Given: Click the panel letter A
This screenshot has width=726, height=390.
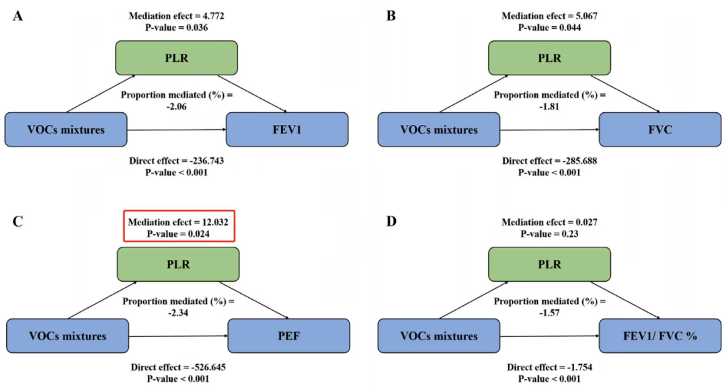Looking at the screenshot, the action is pyautogui.click(x=17, y=16).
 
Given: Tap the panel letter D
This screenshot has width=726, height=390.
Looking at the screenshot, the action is pyautogui.click(x=391, y=221).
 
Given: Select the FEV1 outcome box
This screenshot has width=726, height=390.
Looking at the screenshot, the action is pyautogui.click(x=287, y=130).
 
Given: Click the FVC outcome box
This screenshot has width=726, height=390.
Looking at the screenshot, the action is pyautogui.click(x=660, y=130).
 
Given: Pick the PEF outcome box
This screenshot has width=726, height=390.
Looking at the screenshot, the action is pyautogui.click(x=288, y=336).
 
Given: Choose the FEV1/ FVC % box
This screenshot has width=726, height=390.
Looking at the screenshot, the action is pyautogui.click(x=660, y=336).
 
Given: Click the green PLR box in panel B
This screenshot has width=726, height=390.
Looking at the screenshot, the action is pyautogui.click(x=549, y=58).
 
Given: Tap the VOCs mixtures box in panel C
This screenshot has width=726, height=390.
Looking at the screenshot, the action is pyautogui.click(x=68, y=336).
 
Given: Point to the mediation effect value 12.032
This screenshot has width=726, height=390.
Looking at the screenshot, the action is pyautogui.click(x=214, y=223).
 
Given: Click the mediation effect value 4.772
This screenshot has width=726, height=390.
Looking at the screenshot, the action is pyautogui.click(x=212, y=15).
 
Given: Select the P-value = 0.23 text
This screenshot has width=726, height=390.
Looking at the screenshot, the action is pyautogui.click(x=549, y=234).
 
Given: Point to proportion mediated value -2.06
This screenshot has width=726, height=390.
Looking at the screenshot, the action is pyautogui.click(x=176, y=106).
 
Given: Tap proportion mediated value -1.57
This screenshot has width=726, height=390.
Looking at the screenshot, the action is pyautogui.click(x=549, y=313).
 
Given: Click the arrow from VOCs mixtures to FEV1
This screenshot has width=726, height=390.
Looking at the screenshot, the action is pyautogui.click(x=176, y=130).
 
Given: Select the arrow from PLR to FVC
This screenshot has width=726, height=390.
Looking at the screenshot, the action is pyautogui.click(x=625, y=93).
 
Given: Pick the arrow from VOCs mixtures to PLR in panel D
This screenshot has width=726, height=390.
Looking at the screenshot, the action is pyautogui.click(x=474, y=300).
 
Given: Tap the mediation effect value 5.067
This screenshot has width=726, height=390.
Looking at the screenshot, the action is pyautogui.click(x=586, y=15).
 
